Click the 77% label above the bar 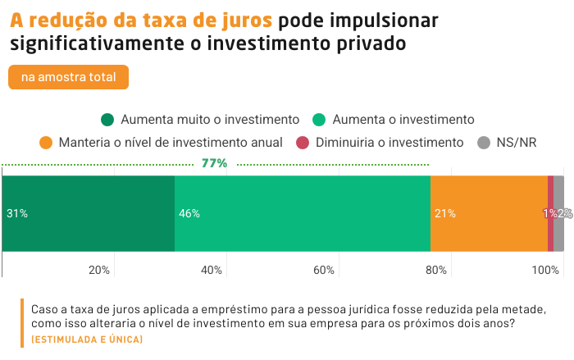(x=214, y=163)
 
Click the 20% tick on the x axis (x=99, y=270)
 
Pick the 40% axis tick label (x=212, y=270)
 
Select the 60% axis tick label (x=324, y=270)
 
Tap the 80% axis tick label (x=436, y=270)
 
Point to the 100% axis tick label (x=544, y=270)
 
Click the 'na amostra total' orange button (x=68, y=77)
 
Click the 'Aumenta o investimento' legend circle (x=320, y=119)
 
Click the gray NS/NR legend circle (x=484, y=143)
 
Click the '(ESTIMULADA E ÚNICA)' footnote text (x=81, y=339)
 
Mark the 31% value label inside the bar (x=17, y=213)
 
